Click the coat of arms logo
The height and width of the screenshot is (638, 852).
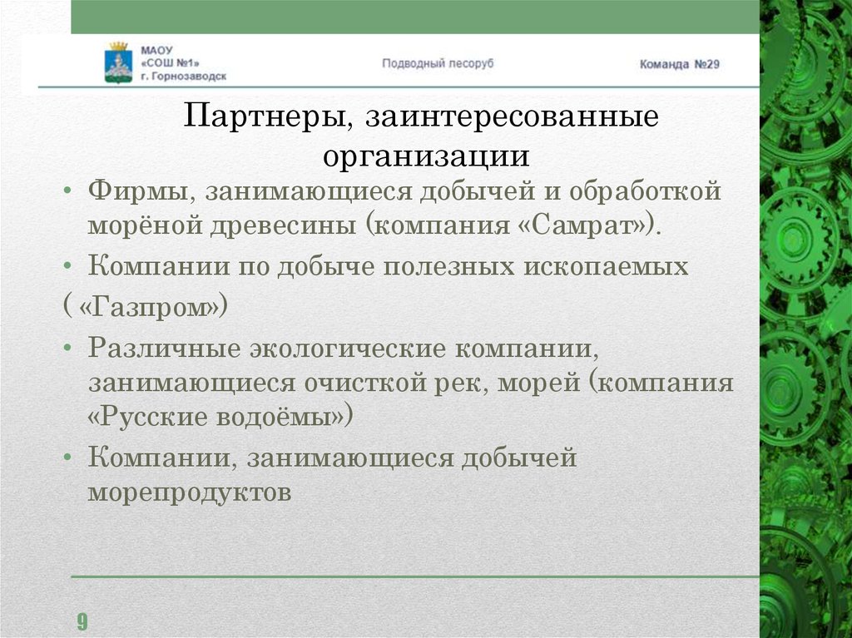(x=118, y=62)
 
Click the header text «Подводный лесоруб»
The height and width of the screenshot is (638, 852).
(x=438, y=63)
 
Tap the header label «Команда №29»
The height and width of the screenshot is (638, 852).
(x=679, y=64)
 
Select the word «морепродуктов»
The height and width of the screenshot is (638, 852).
(x=191, y=492)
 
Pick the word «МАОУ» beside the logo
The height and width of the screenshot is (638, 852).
(x=156, y=48)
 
